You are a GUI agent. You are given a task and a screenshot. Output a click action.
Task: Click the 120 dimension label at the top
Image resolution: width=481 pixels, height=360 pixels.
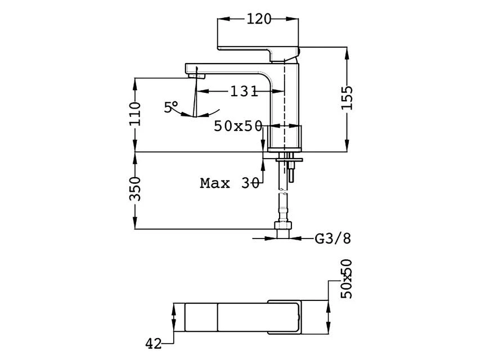pyautogui.click(x=259, y=19)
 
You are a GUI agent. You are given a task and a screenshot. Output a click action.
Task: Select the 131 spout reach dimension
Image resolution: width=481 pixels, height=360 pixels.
pyautogui.click(x=244, y=91)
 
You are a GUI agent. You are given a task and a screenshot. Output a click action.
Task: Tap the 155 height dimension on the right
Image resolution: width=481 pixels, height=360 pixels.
pyautogui.click(x=347, y=97)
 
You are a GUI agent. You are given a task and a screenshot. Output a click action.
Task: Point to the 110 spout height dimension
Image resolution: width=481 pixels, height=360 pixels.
pyautogui.click(x=135, y=114)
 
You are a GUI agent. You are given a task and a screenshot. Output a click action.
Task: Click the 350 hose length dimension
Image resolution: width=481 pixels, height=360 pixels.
pyautogui.click(x=134, y=189)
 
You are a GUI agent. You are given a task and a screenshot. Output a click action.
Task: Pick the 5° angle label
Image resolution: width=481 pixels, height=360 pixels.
pyautogui.click(x=170, y=107)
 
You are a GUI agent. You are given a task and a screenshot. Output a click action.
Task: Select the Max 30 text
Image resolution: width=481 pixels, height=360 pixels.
pyautogui.click(x=230, y=183)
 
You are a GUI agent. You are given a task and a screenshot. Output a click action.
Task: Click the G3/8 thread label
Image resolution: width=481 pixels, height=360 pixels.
pyautogui.click(x=333, y=238)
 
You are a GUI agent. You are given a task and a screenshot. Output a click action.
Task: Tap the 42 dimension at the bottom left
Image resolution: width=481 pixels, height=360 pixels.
pyautogui.click(x=154, y=344)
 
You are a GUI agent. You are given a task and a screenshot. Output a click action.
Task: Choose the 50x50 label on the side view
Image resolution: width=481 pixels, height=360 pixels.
pyautogui.click(x=238, y=126)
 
